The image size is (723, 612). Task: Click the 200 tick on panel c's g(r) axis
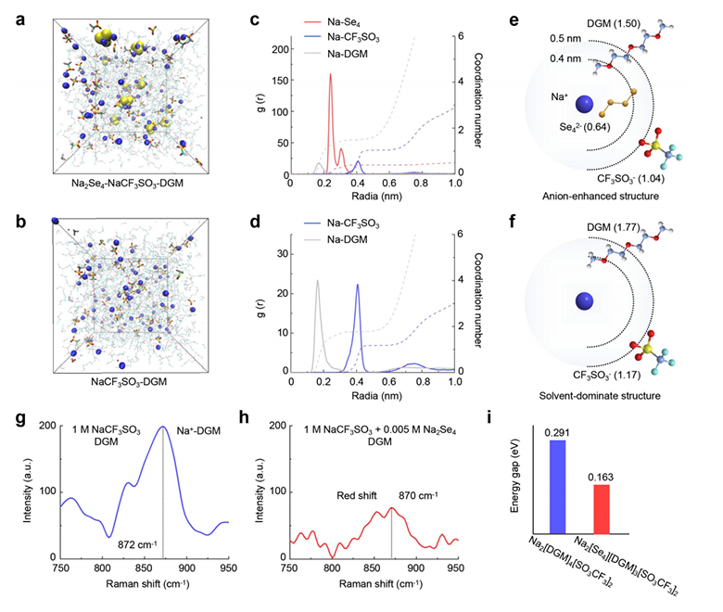click(271, 46)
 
